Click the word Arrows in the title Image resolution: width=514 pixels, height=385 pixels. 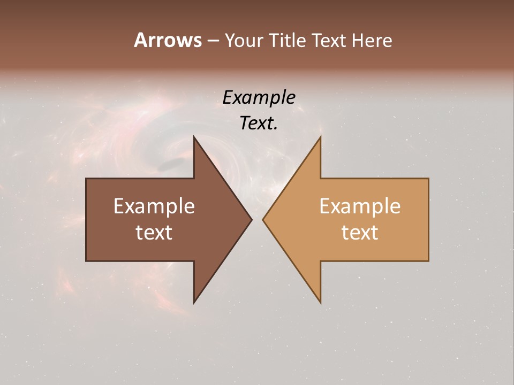pyautogui.click(x=168, y=40)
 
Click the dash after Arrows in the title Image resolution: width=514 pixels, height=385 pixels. pyautogui.click(x=213, y=41)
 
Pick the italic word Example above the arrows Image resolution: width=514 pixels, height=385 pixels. pyautogui.click(x=259, y=97)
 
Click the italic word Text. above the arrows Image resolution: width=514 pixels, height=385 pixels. pyautogui.click(x=259, y=123)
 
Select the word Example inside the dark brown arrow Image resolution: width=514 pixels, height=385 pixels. pyautogui.click(x=154, y=206)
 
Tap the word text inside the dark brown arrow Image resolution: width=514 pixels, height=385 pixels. pyautogui.click(x=154, y=233)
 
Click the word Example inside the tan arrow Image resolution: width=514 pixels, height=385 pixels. pyautogui.click(x=360, y=206)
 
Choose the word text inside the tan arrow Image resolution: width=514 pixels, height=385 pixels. pyautogui.click(x=360, y=233)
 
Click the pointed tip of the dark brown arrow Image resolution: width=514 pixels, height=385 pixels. pyautogui.click(x=251, y=219)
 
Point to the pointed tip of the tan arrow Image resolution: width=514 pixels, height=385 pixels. pyautogui.click(x=263, y=219)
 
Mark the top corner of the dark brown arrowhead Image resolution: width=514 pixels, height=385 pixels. pyautogui.click(x=194, y=137)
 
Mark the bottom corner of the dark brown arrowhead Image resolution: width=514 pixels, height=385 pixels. pyautogui.click(x=194, y=302)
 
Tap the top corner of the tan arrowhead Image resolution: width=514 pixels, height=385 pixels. pyautogui.click(x=320, y=137)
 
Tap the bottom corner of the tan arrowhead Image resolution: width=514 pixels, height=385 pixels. pyautogui.click(x=320, y=302)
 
